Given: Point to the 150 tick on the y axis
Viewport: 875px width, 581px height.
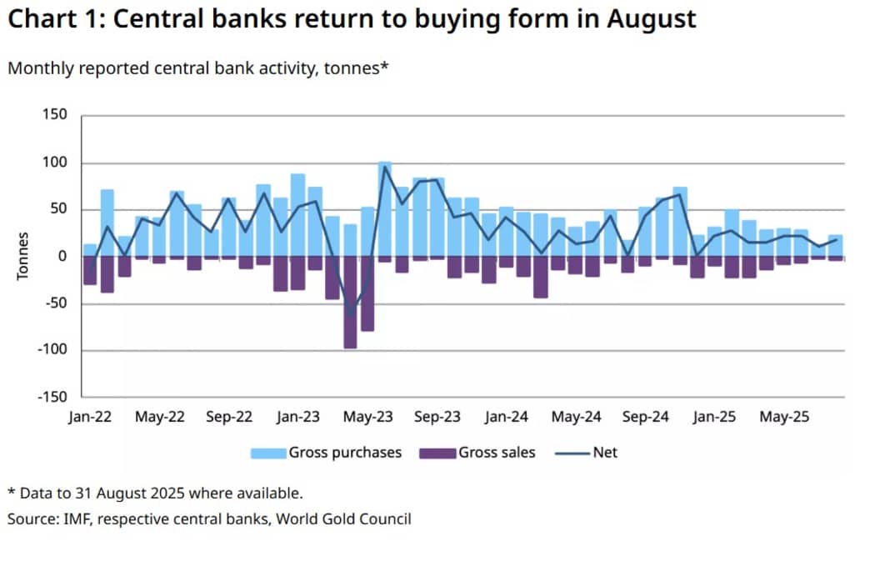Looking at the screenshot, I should pos(55,115).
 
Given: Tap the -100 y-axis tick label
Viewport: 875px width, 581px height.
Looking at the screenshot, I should pos(51,349).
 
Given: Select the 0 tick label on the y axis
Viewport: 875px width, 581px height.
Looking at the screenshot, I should pos(62,256).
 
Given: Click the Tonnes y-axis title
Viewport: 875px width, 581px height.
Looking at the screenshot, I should pos(23,256).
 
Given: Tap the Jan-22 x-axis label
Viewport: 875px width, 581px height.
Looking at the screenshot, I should pos(89,417).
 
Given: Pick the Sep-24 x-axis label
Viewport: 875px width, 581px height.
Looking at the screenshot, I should pos(647,417).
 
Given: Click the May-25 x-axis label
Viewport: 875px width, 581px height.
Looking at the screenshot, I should pos(786,417).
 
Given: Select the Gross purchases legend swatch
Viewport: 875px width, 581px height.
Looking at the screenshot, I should pos(268,453).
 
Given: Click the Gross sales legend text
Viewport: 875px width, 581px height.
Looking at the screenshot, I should pos(497,453).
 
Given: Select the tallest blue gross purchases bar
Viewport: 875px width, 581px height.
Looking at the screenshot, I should pos(385,208).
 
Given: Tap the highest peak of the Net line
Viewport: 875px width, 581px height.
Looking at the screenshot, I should pos(385,167).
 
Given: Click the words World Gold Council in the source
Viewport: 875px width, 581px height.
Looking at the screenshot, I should pos(343,519).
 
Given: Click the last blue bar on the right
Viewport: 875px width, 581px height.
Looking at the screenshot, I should pos(836,246).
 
